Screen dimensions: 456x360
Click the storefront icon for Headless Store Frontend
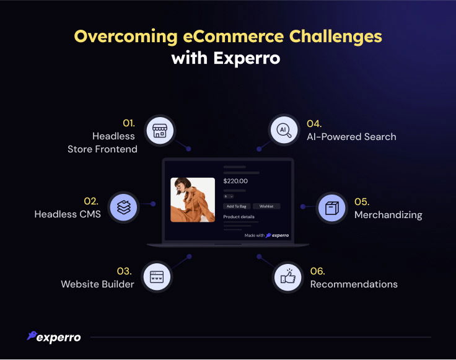coord(160,131)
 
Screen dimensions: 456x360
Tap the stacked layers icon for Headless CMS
coord(124,208)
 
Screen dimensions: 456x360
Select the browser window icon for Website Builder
coord(157,277)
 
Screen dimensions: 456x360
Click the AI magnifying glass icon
coord(284,130)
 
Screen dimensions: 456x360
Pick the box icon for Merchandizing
coord(332,208)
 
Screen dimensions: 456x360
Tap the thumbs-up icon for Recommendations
coord(288,276)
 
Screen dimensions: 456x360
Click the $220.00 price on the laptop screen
coord(235,181)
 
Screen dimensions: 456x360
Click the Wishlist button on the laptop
coord(266,206)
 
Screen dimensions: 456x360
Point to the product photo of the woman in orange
coord(193,200)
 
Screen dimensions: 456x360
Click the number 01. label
coord(129,123)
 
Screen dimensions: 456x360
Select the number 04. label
coord(314,124)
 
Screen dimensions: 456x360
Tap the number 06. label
coord(318,271)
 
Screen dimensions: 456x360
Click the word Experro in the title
coord(247,59)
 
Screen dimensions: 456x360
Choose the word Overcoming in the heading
coord(126,37)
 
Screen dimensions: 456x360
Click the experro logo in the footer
coord(54,337)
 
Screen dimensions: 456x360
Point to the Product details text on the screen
coord(239,217)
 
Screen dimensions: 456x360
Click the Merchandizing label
coord(388,215)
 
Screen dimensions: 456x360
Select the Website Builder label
coord(97,284)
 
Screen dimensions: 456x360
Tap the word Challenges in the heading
coord(336,37)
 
